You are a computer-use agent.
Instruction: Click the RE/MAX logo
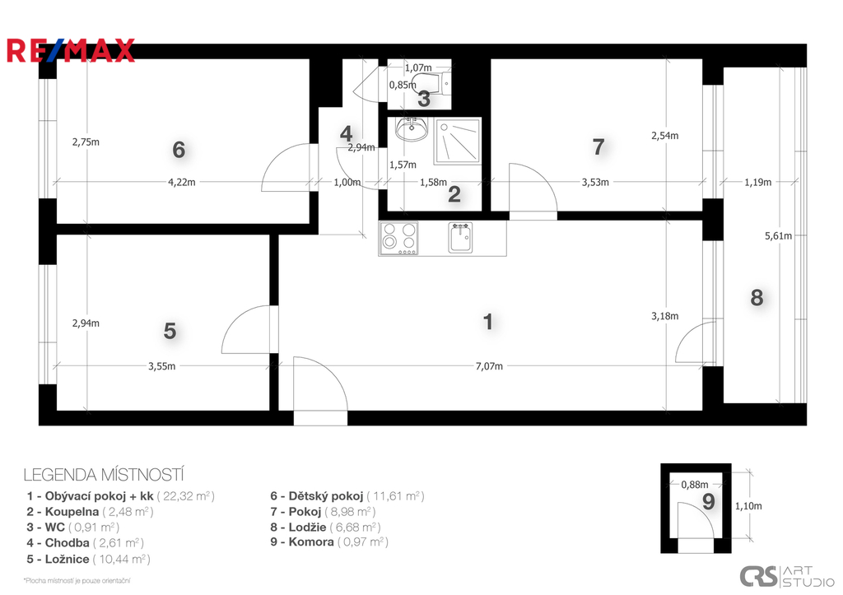pos(71,50)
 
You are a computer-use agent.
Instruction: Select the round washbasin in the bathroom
pos(412,129)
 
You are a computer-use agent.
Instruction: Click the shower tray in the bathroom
pos(458,142)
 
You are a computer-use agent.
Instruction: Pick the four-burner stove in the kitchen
pos(398,239)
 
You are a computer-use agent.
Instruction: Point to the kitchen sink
pos(461,238)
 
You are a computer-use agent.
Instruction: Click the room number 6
pos(179,150)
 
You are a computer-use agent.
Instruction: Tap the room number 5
pos(170,331)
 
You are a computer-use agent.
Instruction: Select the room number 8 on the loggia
pos(757,297)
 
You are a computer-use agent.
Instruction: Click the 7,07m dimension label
pos(489,366)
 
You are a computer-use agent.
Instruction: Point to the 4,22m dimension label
pos(182,182)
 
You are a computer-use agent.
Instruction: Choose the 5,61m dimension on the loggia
pos(778,236)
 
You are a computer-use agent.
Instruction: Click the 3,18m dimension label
pos(664,317)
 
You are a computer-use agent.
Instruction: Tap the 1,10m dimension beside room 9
pos(748,506)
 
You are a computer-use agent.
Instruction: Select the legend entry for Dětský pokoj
pos(347,496)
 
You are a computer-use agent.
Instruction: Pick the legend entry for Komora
pos(329,542)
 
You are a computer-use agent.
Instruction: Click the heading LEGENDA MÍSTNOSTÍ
pos(104,475)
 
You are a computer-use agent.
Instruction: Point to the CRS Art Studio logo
pos(786,577)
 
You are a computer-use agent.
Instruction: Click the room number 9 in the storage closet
pos(709,502)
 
